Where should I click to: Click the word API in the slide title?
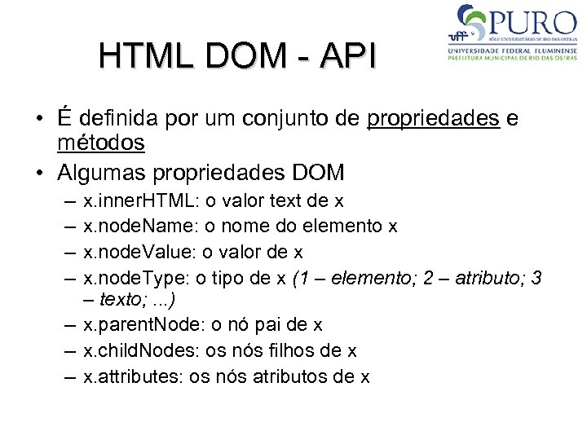pyautogui.click(x=349, y=57)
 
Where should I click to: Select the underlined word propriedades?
pyautogui.click(x=433, y=119)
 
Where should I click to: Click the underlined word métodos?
pyautogui.click(x=100, y=144)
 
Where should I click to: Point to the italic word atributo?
pyautogui.click(x=488, y=277)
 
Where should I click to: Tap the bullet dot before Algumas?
pyautogui.click(x=40, y=174)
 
